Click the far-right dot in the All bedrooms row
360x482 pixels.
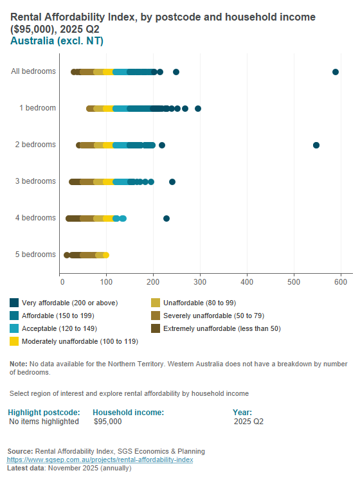tap(336, 72)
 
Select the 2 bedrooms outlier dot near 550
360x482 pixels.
tap(316, 145)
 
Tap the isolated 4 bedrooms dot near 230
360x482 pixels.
tap(166, 219)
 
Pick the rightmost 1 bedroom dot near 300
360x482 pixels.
tap(198, 109)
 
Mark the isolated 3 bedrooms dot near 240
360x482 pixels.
tap(172, 182)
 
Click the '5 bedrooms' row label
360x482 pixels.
tap(35, 255)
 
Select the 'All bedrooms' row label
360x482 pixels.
tap(33, 72)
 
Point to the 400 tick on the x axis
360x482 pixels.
tap(247, 281)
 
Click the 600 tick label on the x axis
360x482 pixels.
tap(340, 281)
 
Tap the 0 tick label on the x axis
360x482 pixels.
tap(61, 281)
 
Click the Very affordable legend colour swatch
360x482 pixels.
tap(14, 303)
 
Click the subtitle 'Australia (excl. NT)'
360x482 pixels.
tap(57, 41)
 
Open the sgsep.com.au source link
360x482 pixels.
tap(100, 460)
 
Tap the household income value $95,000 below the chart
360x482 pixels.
tap(107, 422)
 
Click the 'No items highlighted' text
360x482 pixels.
tap(44, 422)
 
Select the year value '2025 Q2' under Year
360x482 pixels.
tap(249, 422)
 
